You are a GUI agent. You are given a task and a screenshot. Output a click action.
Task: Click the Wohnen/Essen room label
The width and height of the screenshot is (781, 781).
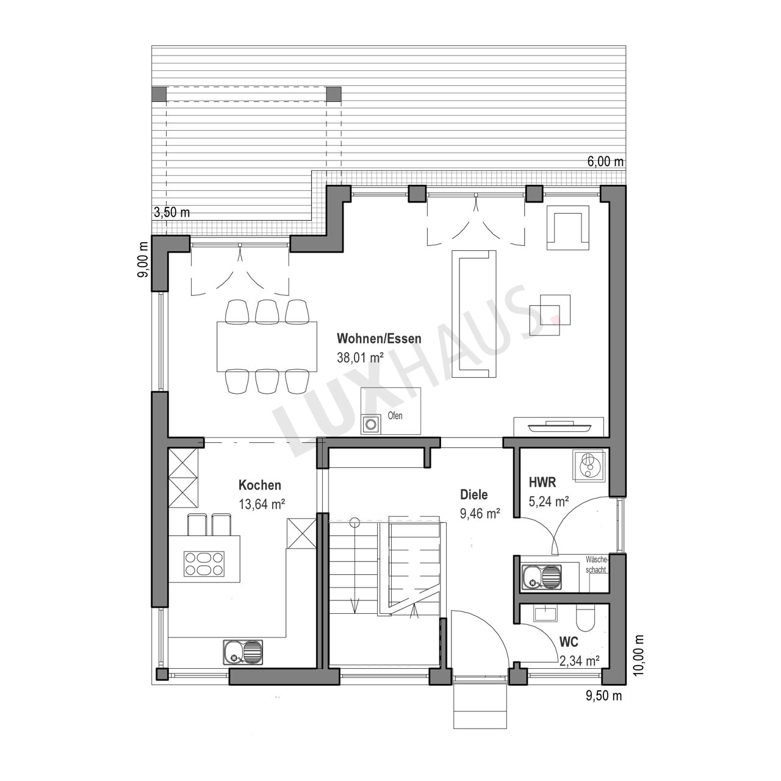pyautogui.click(x=379, y=339)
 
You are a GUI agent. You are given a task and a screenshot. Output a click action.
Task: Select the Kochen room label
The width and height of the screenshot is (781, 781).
pyautogui.click(x=259, y=485)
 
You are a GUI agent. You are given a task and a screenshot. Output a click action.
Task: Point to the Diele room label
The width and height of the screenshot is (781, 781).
pyautogui.click(x=474, y=494)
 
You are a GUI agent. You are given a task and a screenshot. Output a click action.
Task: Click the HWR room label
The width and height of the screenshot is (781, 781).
pyautogui.click(x=542, y=482)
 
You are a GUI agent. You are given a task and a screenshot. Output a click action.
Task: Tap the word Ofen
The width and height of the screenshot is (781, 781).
pyautogui.click(x=395, y=416)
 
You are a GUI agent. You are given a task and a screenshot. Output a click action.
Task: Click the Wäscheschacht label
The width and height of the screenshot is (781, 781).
pyautogui.click(x=597, y=564)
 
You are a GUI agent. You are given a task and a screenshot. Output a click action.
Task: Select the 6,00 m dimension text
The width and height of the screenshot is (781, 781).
pyautogui.click(x=605, y=161)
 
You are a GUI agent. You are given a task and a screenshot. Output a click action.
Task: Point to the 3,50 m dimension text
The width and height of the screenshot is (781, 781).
pyautogui.click(x=172, y=212)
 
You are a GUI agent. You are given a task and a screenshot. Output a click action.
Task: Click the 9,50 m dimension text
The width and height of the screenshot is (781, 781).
pyautogui.click(x=603, y=696)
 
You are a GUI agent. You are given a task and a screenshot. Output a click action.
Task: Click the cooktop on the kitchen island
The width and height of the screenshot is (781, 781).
pyautogui.click(x=204, y=564)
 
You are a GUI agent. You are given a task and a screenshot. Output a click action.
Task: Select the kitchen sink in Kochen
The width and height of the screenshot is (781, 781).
pyautogui.click(x=242, y=652)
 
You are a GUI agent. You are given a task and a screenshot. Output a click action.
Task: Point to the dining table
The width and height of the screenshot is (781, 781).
pyautogui.click(x=267, y=346)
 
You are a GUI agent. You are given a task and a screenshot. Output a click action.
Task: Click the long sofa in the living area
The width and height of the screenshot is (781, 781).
pyautogui.click(x=474, y=314)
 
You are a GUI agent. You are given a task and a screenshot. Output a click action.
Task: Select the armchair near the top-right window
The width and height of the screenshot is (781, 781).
pyautogui.click(x=567, y=227)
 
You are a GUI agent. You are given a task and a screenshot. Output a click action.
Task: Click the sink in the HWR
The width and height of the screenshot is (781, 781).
pyautogui.click(x=541, y=577)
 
